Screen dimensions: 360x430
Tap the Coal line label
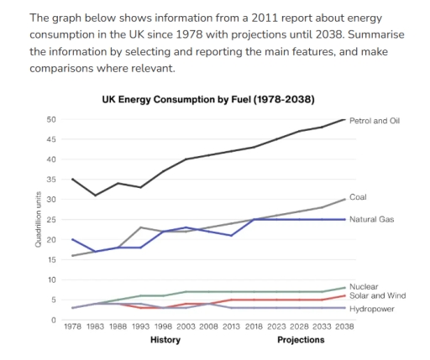[x=359, y=196]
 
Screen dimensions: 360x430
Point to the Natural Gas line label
[x=370, y=219]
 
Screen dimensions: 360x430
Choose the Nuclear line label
[x=362, y=287]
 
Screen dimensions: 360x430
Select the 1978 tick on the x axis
[x=74, y=327]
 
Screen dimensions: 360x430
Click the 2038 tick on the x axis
[x=344, y=327]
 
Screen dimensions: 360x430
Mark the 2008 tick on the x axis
[x=209, y=327]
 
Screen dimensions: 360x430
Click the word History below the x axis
[x=165, y=341]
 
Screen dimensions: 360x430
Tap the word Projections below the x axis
[x=300, y=341]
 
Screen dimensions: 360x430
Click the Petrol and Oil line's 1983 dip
[x=96, y=196]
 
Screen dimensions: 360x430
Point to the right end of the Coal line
[x=344, y=200]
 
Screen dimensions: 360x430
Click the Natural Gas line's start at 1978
[x=74, y=239]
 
